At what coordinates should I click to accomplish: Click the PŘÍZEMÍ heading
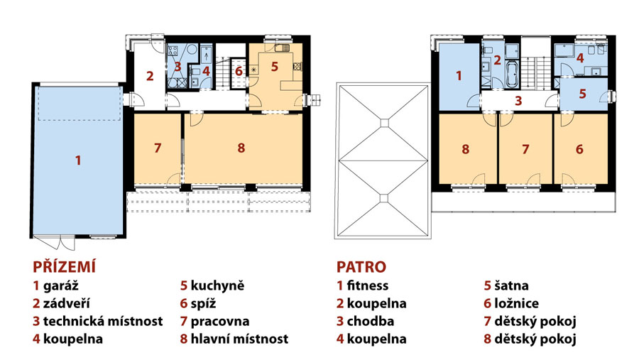[65, 267]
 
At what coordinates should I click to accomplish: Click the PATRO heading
[361, 267]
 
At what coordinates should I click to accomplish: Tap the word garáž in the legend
[61, 285]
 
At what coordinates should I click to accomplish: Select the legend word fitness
[368, 285]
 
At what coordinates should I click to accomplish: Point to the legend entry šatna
[511, 285]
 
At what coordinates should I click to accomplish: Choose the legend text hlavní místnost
[240, 339]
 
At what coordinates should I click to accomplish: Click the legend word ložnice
[516, 303]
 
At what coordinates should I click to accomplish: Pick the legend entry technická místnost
[103, 321]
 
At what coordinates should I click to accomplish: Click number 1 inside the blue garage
[78, 160]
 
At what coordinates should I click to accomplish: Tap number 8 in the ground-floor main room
[241, 148]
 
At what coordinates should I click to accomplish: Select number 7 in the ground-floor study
[158, 148]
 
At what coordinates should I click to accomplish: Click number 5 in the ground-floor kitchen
[275, 67]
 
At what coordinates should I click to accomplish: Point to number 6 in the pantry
[239, 71]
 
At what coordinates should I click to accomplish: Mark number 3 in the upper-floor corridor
[518, 101]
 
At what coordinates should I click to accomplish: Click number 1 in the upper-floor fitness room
[459, 76]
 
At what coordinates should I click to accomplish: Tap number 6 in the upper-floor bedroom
[579, 149]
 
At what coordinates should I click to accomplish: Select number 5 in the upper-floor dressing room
[583, 94]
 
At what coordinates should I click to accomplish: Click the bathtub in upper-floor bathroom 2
[511, 75]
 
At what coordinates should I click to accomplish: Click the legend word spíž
[203, 304]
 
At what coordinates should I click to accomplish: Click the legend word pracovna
[220, 321]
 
